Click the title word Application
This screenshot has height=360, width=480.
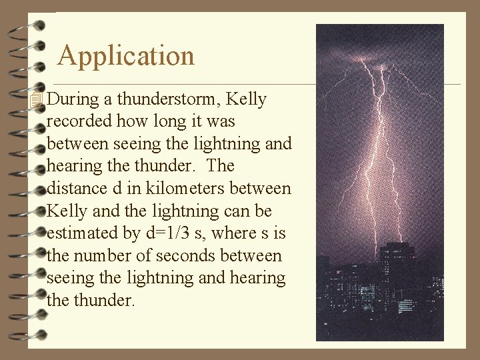coord(126,56)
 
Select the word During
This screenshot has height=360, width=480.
coord(74,100)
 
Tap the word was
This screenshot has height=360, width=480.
coord(221,122)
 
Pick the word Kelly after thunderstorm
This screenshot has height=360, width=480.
coord(246,100)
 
